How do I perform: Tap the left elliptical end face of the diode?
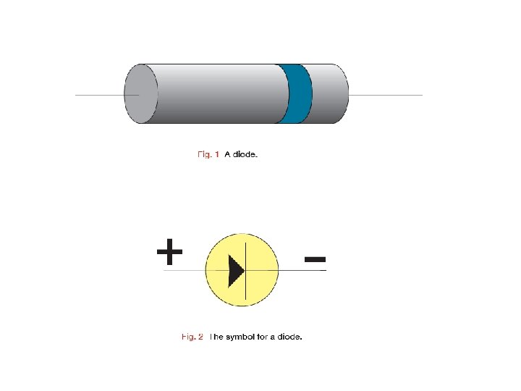141,93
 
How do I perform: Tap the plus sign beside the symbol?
169,253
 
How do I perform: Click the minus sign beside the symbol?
315,258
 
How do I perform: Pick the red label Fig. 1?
208,154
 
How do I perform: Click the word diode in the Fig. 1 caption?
245,154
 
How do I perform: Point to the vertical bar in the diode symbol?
247,270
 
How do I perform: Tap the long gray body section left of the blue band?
217,94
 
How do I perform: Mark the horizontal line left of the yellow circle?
185,270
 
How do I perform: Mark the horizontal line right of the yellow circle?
302,270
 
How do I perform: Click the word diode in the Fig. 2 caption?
289,337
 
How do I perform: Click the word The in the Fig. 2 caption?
217,337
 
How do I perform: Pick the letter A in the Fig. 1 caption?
227,154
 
